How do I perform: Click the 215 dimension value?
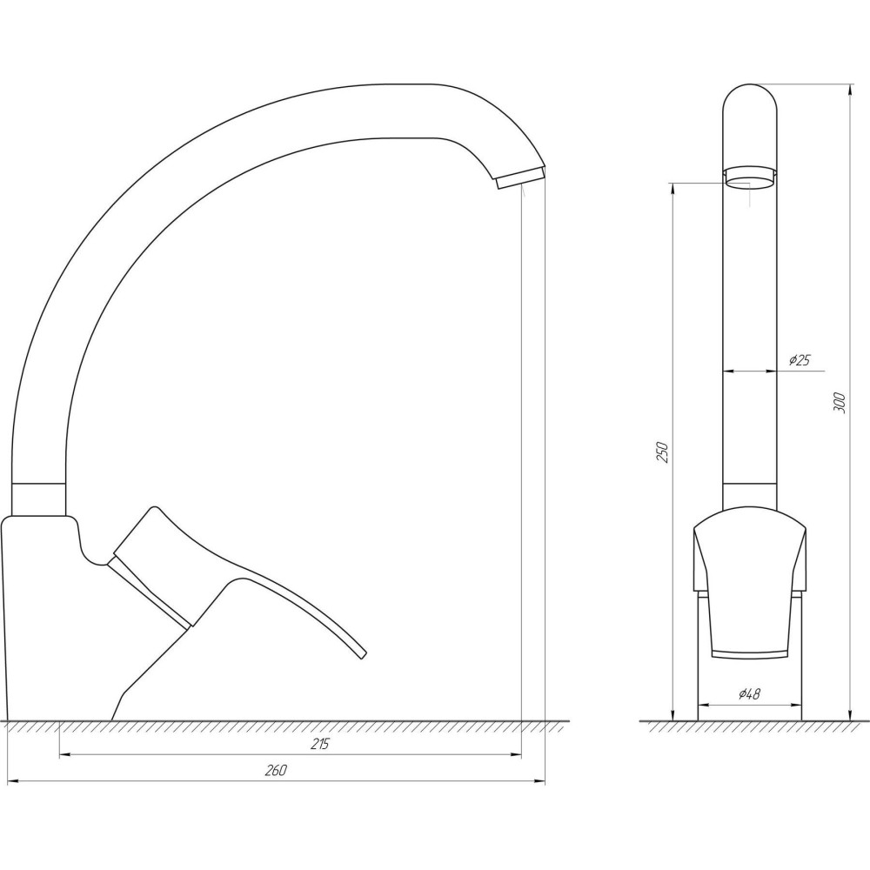pyautogui.click(x=319, y=745)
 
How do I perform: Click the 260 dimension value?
pyautogui.click(x=276, y=771)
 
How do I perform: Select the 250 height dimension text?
pyautogui.click(x=662, y=452)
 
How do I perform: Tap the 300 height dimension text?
pyautogui.click(x=840, y=402)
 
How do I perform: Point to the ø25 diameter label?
pyautogui.click(x=799, y=360)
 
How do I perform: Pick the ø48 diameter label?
pyautogui.click(x=749, y=693)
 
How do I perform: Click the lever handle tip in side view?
pyautogui.click(x=360, y=652)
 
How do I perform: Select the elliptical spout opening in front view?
pyautogui.click(x=749, y=181)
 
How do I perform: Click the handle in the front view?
pyautogui.click(x=749, y=583)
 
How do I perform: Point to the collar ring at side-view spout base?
pyautogui.click(x=38, y=498)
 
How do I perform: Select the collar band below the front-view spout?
pyautogui.click(x=749, y=494)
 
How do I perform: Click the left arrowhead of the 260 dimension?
pyautogui.click(x=12, y=781)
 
